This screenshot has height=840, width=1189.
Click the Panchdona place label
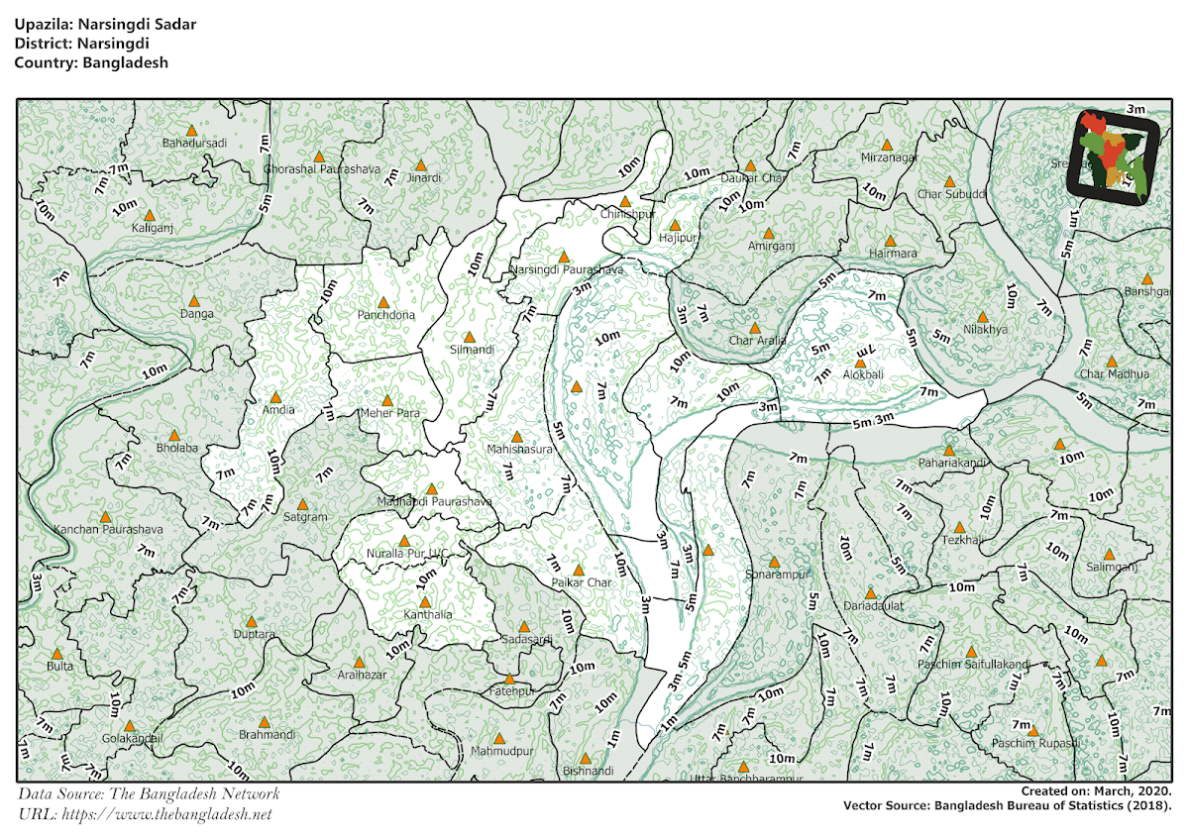386,315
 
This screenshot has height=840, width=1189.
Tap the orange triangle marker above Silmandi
470,337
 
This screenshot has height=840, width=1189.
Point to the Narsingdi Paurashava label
566,269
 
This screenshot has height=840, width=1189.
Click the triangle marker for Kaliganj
150,215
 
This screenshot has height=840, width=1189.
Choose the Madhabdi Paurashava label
435,502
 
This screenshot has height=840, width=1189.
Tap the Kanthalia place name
428,615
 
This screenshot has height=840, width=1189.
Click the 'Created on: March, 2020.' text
1097,791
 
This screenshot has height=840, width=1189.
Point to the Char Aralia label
757,341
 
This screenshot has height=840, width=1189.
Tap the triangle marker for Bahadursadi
194,130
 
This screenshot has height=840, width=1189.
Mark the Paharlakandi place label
951,463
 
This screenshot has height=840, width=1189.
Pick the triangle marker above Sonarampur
774,562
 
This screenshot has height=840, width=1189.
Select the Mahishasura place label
518,450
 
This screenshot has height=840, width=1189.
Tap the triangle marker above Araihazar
360,662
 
